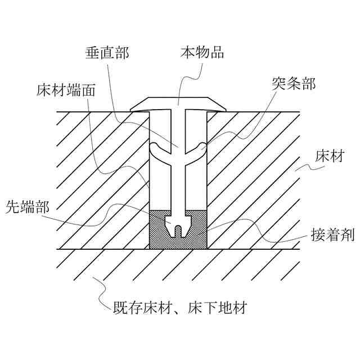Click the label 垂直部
[107, 53]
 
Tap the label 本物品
[202, 53]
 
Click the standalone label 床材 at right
[329, 156]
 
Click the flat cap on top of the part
[179, 103]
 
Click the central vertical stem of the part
[179, 169]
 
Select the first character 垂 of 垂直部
[93, 53]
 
